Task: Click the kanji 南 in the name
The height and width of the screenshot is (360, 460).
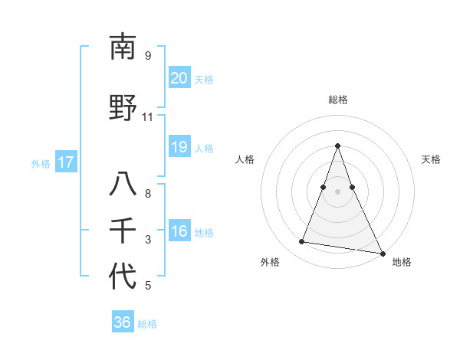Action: [x=123, y=48]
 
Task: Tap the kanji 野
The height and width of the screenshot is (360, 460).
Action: [x=123, y=106]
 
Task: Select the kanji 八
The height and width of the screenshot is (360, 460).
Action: [x=123, y=185]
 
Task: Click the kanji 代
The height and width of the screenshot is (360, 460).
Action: [x=123, y=277]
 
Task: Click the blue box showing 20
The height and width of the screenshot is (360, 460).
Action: [x=179, y=78]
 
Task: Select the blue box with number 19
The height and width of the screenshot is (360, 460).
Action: [x=179, y=147]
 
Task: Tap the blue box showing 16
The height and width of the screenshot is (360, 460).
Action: [x=179, y=232]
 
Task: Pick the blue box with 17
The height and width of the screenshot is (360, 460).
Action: [x=65, y=162]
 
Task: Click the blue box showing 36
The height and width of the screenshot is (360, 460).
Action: [x=122, y=322]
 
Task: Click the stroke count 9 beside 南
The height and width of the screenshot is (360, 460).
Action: [x=148, y=56]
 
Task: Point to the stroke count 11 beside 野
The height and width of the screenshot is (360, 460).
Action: [x=147, y=117]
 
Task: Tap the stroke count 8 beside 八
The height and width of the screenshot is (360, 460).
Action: [x=148, y=194]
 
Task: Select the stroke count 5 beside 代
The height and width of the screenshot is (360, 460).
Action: [x=148, y=286]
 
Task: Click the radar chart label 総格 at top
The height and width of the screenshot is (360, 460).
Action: [x=337, y=100]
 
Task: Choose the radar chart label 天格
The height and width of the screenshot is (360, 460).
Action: [x=431, y=159]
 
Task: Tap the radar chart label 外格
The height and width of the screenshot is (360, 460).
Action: [x=270, y=262]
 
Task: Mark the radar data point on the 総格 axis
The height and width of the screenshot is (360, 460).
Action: [x=337, y=146]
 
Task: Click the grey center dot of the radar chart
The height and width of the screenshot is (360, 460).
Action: [x=337, y=191]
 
